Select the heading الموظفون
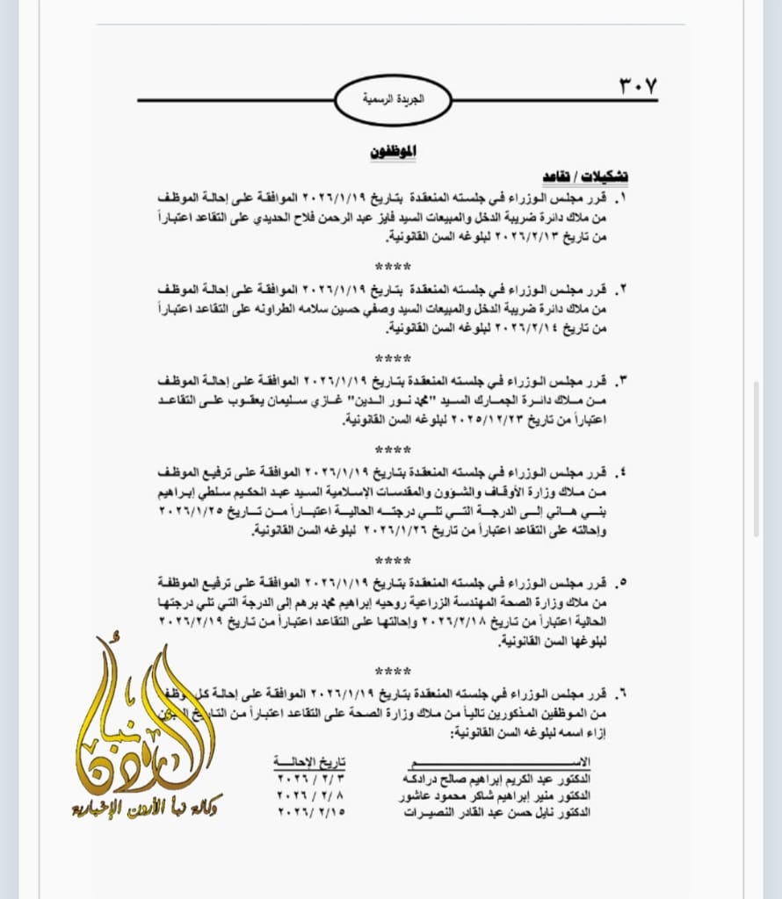click(x=391, y=151)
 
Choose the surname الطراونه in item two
click(x=301, y=309)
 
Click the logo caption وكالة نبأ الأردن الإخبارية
click(x=147, y=809)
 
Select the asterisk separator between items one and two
click(x=392, y=266)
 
